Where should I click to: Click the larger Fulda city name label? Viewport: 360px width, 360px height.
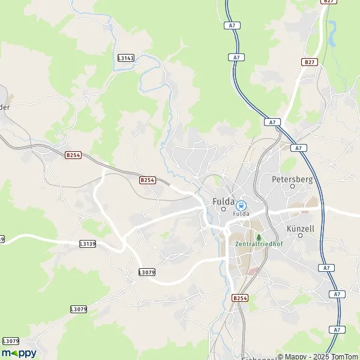point(223,202)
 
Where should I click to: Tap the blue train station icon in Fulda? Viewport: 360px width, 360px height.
point(241,205)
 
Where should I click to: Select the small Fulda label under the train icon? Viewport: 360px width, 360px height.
point(241,214)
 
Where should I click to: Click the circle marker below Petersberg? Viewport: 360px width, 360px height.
point(293,186)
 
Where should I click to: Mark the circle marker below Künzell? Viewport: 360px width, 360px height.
point(301,235)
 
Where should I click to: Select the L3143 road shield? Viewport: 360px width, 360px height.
point(126,58)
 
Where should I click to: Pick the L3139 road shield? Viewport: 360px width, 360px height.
point(88,244)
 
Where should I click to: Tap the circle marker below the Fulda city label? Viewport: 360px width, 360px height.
point(223,209)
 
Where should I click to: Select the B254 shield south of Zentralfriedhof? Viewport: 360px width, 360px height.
point(239,298)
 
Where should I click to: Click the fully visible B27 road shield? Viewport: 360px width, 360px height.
point(309,62)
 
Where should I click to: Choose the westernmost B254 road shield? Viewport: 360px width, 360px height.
point(73,155)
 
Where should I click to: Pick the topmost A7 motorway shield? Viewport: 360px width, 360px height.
point(234,25)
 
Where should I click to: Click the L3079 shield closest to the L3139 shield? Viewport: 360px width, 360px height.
point(146,272)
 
